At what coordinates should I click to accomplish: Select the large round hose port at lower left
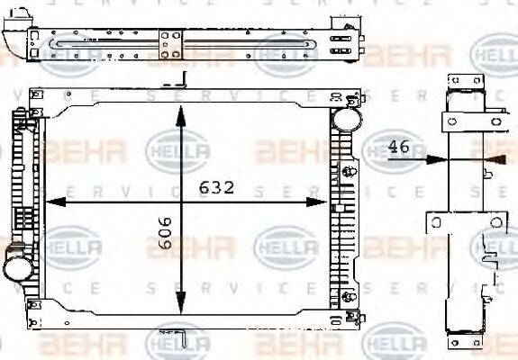point(15,266)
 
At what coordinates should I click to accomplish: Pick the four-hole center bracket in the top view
point(171,43)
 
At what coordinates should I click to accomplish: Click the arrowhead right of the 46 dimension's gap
point(492,159)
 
